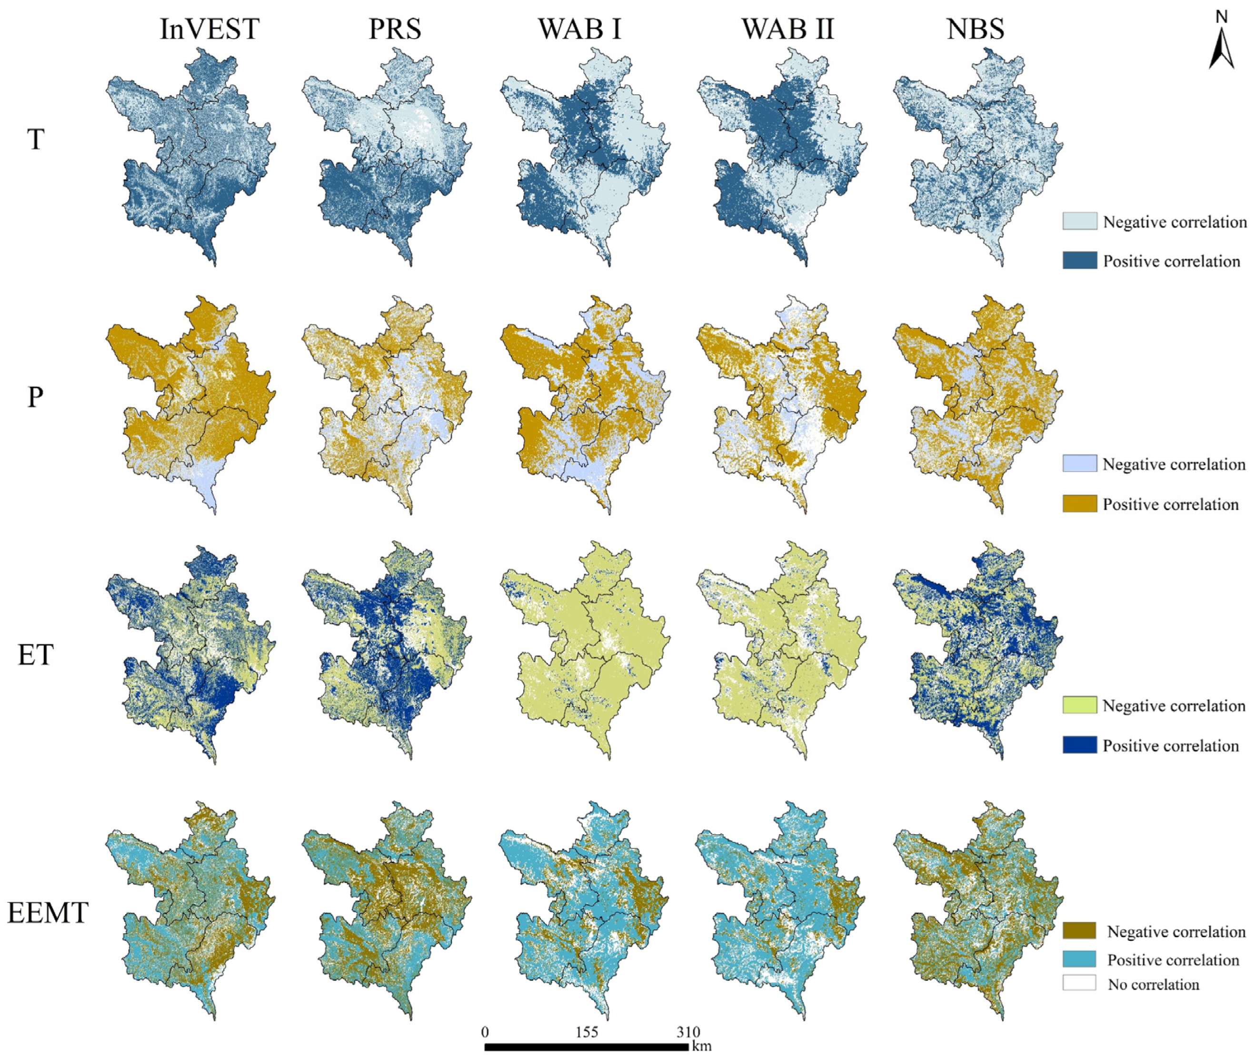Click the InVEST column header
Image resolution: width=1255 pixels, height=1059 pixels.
[x=209, y=30]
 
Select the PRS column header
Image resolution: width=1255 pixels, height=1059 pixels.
[x=394, y=30]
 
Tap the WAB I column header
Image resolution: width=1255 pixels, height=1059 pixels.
[x=579, y=30]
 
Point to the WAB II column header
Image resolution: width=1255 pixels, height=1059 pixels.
[x=787, y=30]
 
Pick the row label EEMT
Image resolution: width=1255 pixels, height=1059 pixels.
[x=48, y=912]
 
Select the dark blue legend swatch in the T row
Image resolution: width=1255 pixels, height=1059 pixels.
[x=1079, y=260]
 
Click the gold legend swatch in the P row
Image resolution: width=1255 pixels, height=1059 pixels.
[x=1079, y=504]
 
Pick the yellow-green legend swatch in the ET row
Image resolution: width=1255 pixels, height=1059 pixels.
[x=1079, y=705]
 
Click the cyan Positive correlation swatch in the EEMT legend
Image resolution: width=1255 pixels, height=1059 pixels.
[x=1079, y=959]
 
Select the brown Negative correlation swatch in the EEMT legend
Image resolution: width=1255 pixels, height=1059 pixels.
[x=1079, y=931]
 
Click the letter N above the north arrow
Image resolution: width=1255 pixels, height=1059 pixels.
[x=1221, y=17]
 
